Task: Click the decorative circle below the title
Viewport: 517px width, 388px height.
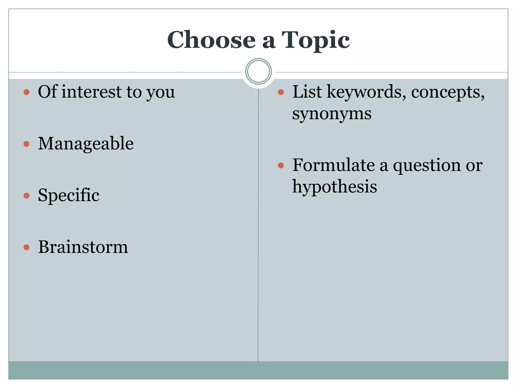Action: (258, 71)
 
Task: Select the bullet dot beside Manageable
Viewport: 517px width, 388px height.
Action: (27, 144)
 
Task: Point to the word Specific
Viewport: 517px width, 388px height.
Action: (68, 196)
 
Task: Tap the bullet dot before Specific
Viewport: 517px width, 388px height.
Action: (27, 196)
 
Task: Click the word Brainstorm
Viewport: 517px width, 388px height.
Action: (83, 247)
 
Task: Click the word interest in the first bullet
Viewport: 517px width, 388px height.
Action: (92, 92)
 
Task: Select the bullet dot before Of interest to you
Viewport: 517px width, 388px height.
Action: (27, 92)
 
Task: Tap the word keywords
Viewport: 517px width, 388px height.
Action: (366, 92)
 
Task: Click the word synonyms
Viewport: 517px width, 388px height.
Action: (332, 114)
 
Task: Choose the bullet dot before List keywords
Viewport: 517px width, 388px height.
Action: (281, 92)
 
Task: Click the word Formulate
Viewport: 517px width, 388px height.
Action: (333, 165)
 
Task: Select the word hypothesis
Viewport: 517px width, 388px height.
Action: (334, 187)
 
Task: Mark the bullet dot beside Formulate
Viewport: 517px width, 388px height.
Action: (281, 166)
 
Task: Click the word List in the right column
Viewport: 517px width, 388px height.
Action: (307, 92)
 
